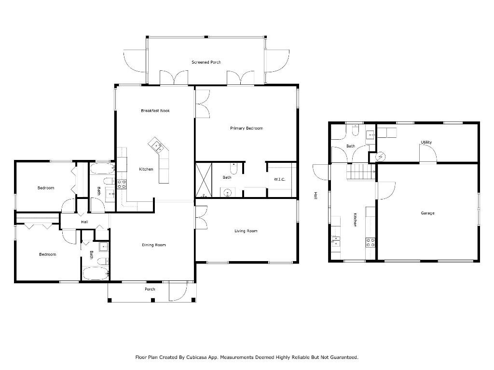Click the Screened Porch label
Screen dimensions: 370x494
click(206, 62)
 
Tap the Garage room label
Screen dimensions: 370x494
click(427, 213)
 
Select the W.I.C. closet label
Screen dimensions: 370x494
click(279, 180)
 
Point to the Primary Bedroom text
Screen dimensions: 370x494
click(246, 128)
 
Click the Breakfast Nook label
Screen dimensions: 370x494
click(155, 111)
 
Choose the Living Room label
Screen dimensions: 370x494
click(246, 231)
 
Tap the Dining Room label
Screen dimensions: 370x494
click(154, 245)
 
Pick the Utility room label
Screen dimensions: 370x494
click(426, 142)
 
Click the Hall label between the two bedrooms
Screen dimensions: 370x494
click(84, 222)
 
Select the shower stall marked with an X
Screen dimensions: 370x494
click(203, 180)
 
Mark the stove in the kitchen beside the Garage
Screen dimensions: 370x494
click(370, 242)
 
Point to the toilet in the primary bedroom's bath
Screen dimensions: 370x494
click(234, 169)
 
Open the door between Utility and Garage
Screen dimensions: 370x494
click(428, 155)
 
